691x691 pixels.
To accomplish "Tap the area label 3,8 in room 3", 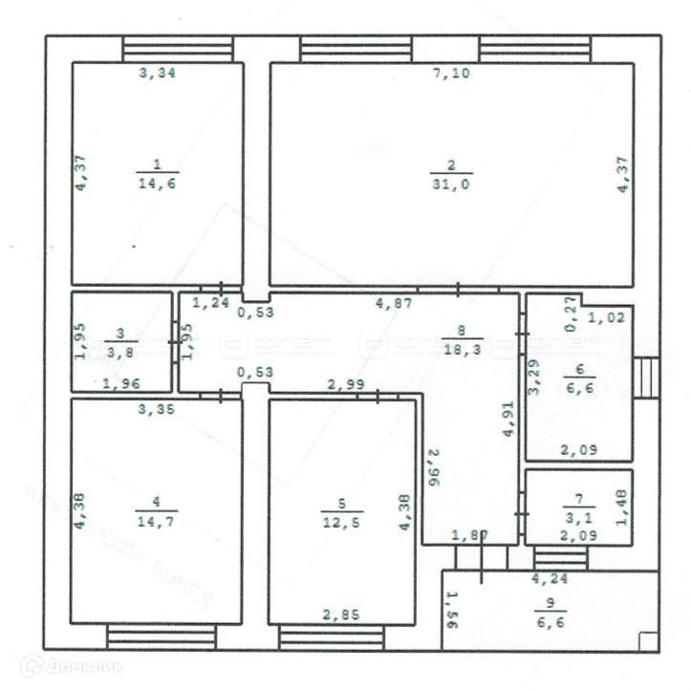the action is point(119,350).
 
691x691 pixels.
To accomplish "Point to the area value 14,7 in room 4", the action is point(157,519).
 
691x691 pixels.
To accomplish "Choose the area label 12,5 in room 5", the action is point(341,519).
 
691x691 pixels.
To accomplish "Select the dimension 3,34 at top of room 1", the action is point(157,74).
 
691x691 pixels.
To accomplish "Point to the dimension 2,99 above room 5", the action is point(345,385).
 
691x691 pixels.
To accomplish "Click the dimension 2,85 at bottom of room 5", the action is point(341,615).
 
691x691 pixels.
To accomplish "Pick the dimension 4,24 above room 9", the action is point(550,577).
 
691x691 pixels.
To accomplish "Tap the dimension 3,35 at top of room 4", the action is point(157,410).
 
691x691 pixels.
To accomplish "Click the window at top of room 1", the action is point(178,48).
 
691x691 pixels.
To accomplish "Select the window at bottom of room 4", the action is point(162,636).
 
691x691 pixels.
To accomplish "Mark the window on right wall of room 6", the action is point(647,378).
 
